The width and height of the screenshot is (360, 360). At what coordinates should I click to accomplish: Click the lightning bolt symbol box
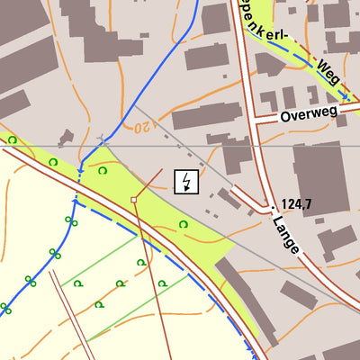click(186, 182)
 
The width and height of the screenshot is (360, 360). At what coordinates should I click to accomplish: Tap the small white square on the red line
click(133, 199)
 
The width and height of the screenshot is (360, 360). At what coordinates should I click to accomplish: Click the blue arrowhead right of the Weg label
click(345, 96)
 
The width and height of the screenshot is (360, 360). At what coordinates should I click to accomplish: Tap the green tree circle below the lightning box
click(183, 224)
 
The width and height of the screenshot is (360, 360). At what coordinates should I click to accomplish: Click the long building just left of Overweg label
click(207, 115)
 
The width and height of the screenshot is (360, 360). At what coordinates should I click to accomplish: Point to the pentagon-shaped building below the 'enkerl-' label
click(269, 63)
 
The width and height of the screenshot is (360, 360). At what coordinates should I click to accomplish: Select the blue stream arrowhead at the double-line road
click(81, 167)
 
